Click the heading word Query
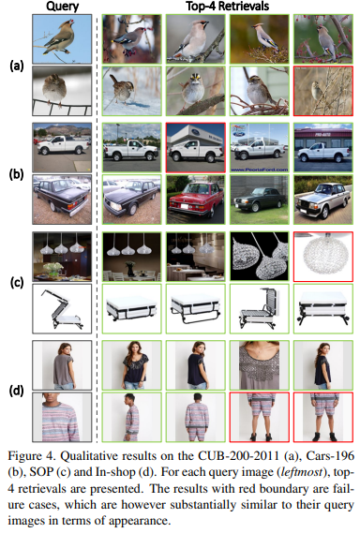[x=62, y=7]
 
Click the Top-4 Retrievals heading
[x=228, y=7]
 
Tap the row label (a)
[x=17, y=65]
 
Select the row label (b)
[x=17, y=173]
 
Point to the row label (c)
[x=17, y=283]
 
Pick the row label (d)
[x=17, y=391]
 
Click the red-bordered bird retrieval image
[x=323, y=91]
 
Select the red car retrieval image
[x=195, y=200]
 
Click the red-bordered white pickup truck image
[x=195, y=147]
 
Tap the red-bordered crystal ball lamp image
[x=323, y=257]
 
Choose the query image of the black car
[x=62, y=200]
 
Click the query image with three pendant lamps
[x=62, y=257]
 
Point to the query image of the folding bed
[x=62, y=308]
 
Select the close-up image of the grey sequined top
[x=260, y=365]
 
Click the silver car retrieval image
[x=323, y=200]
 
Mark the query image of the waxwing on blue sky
[x=62, y=38]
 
